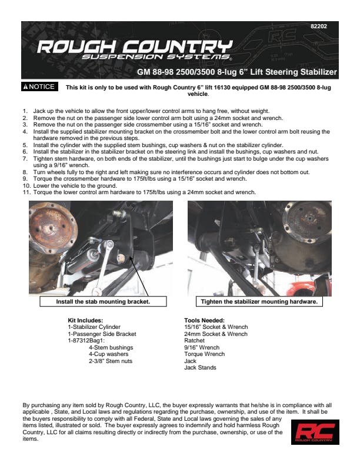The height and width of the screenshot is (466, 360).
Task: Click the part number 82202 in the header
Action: (x=319, y=26)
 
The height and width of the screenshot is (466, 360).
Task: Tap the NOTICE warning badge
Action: (x=39, y=86)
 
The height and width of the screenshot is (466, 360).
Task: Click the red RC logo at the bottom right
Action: (x=315, y=432)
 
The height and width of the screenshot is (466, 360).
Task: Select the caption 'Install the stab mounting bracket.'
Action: (x=103, y=301)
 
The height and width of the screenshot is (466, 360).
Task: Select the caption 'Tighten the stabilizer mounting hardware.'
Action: (x=259, y=301)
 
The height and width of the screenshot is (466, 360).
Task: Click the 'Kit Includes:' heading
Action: (x=85, y=320)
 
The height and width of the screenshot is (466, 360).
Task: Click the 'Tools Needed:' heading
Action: (x=204, y=320)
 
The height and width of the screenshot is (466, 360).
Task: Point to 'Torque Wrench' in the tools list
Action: (x=204, y=354)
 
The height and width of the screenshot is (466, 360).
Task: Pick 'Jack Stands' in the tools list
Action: (x=200, y=368)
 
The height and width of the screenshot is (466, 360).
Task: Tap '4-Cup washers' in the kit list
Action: (x=108, y=354)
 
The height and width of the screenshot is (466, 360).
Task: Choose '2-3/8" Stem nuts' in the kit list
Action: (x=111, y=361)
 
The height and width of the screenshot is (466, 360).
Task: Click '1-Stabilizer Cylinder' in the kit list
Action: (x=94, y=327)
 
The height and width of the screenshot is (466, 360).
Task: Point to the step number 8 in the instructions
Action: (x=25, y=172)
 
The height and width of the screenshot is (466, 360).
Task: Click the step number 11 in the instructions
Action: (x=26, y=192)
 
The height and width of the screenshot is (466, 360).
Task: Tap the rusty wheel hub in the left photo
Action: (x=53, y=228)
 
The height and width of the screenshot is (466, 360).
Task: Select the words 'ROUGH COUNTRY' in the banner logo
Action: (x=135, y=46)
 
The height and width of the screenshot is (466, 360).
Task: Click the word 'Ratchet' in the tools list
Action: (x=194, y=341)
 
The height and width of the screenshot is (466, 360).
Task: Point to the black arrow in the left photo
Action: (x=139, y=276)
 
